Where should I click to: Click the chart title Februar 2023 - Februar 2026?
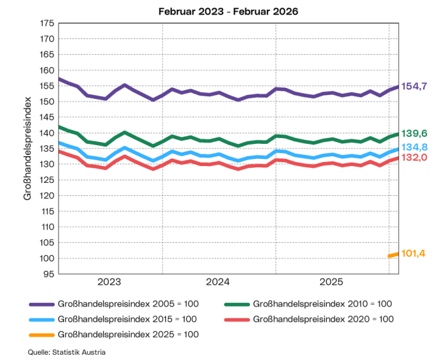[222, 11]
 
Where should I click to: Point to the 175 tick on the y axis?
[47, 23]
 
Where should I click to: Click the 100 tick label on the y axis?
[47, 258]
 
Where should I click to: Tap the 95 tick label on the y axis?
[49, 274]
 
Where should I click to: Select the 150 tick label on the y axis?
[47, 102]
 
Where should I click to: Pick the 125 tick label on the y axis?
[47, 180]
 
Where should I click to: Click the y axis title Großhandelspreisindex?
[28, 148]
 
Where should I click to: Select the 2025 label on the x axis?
[331, 282]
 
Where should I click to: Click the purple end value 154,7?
[414, 86]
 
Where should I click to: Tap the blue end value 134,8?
[414, 147]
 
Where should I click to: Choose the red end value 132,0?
[414, 158]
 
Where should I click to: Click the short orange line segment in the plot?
[393, 255]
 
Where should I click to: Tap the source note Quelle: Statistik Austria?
[66, 352]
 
